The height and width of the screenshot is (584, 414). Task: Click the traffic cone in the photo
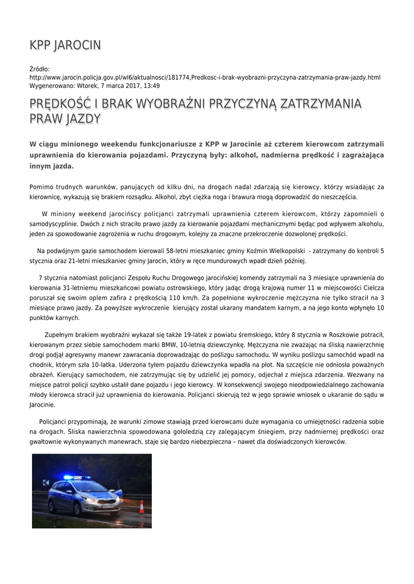click(x=141, y=506)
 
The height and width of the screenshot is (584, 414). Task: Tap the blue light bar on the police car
click(x=77, y=477)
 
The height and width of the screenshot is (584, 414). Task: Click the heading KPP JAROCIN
click(x=65, y=45)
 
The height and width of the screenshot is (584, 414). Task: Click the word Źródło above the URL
click(x=39, y=69)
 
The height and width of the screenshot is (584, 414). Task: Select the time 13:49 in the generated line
click(x=152, y=85)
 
